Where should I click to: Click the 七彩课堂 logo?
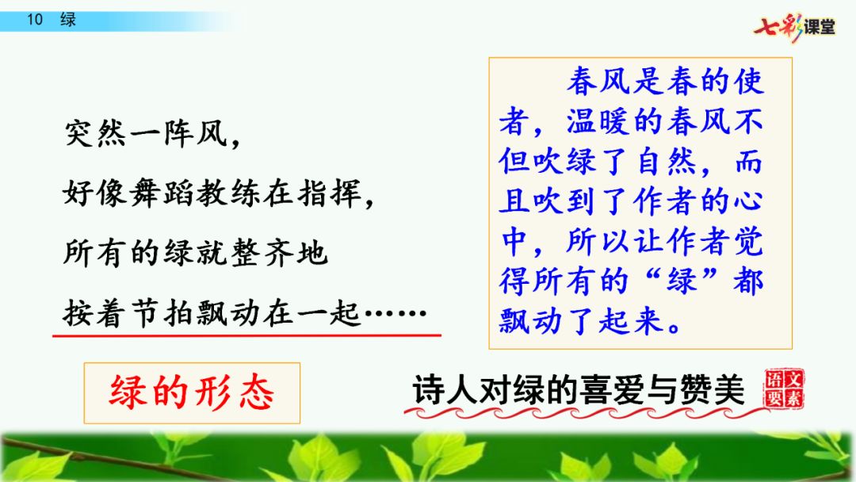click(794, 26)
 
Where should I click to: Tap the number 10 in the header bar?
click(35, 20)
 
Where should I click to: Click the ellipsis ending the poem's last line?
click(395, 314)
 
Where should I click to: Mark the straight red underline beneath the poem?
click(246, 335)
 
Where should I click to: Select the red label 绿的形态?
click(192, 392)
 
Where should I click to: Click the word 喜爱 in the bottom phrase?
click(613, 390)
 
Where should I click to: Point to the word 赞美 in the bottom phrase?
click(712, 390)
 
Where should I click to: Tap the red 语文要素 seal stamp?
click(784, 388)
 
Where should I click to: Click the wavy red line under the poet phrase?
click(587, 413)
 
